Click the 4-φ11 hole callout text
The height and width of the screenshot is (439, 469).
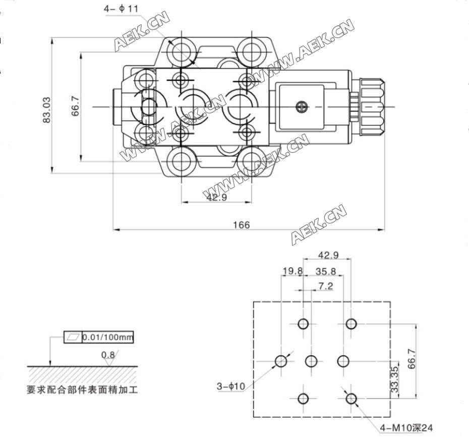(121, 9)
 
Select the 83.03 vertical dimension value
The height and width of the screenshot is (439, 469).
(47, 110)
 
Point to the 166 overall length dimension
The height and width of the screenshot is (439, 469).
(242, 225)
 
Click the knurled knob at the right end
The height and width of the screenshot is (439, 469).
(372, 107)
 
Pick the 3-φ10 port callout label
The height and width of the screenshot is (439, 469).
(230, 386)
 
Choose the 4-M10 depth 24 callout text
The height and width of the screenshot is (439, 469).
(406, 428)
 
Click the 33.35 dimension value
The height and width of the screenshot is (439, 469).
(395, 379)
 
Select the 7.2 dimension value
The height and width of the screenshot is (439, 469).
(325, 286)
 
